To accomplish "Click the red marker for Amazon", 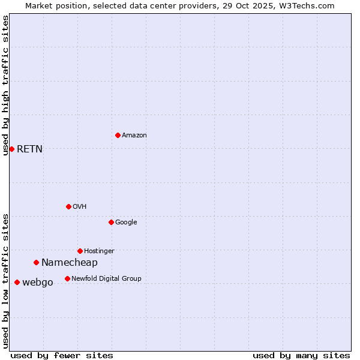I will click(118, 135).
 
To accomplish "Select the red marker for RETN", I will click(11, 149).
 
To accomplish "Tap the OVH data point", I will click(68, 206).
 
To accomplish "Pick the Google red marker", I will click(111, 222).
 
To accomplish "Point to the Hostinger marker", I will click(80, 251).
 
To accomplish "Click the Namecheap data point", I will click(36, 262).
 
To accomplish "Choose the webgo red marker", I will click(17, 282).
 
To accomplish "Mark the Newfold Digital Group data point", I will click(67, 278).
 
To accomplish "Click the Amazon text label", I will click(134, 135).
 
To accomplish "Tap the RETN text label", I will click(29, 149).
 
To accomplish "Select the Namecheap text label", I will click(69, 262).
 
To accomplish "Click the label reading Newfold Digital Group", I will click(106, 278).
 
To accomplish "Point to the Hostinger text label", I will click(99, 251).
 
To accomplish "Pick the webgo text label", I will click(37, 282).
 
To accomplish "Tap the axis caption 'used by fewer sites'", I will click(62, 355).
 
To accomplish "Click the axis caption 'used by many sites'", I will click(301, 355).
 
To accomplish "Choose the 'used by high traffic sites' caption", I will click(5, 85).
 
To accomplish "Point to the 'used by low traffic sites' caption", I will click(5, 281).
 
